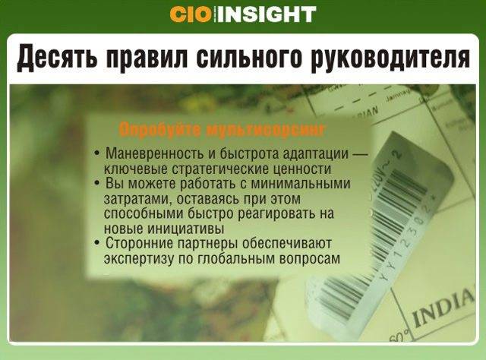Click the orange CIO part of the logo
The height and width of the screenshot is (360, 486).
190,14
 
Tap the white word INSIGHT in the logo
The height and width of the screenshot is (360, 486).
266,14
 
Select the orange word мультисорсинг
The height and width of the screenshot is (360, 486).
266,130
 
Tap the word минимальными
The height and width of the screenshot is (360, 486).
301,184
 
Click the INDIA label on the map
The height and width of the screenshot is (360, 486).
443,307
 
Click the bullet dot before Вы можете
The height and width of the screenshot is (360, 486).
97,183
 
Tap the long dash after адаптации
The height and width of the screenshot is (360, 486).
360,154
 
